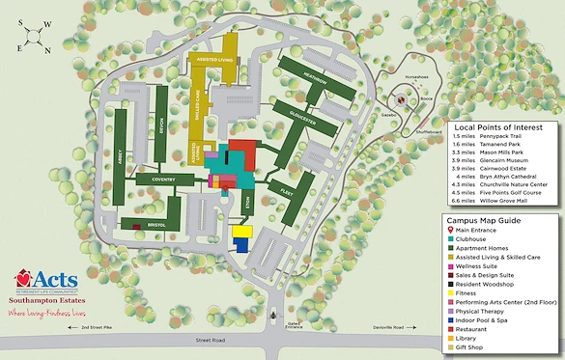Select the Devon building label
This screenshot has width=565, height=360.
click(x=160, y=129)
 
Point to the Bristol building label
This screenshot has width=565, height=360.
click(x=157, y=225)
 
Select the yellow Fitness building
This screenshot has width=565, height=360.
click(x=240, y=232)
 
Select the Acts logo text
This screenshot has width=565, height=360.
click(x=50, y=281)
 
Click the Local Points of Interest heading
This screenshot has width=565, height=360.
click(x=498, y=126)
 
